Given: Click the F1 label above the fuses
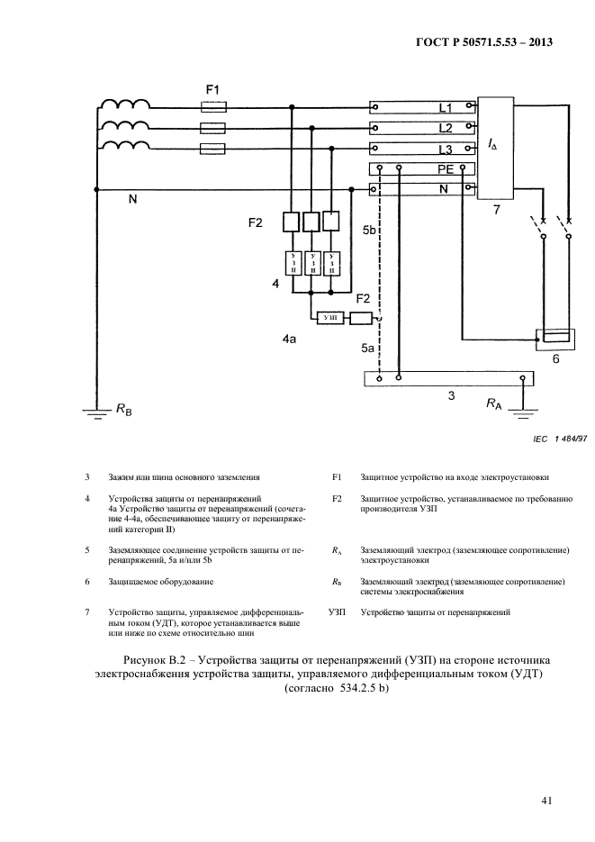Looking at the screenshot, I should (212, 90).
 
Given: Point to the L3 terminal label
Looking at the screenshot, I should (445, 149).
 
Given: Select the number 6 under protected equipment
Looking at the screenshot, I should (555, 358).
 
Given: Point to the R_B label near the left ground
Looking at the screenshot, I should (122, 410).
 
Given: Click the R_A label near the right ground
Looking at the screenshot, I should (494, 405).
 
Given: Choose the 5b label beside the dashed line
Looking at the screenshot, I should (369, 231).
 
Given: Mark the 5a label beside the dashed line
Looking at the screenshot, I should (368, 347).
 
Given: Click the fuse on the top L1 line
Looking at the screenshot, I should (212, 107).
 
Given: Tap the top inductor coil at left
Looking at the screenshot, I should (125, 105).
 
